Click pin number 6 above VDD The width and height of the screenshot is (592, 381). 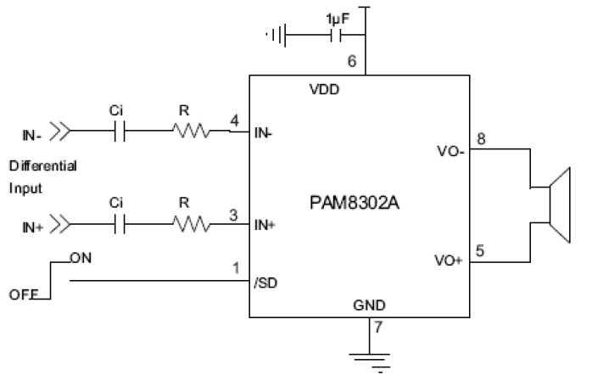[x=352, y=62]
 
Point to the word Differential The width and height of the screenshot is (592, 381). [x=42, y=165]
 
